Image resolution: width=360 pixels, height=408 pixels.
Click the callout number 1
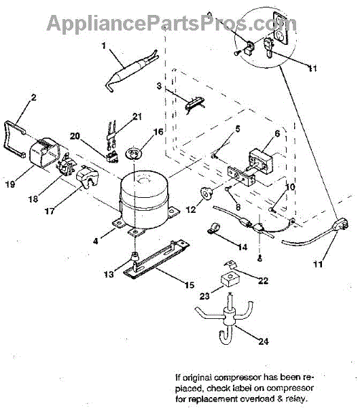point(104,46)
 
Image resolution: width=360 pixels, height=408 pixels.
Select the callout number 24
point(263,341)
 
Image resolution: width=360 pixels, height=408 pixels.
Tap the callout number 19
point(10,184)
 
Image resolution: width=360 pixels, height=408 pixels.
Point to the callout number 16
point(158,132)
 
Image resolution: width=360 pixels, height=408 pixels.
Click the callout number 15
point(190,285)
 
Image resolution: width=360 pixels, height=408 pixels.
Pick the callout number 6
point(277,133)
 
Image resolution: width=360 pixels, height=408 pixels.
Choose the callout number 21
point(137,116)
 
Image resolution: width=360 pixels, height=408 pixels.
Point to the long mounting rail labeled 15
point(156,260)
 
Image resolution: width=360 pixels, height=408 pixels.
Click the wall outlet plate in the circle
point(281,28)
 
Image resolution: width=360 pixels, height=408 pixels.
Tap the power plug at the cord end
point(342,224)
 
